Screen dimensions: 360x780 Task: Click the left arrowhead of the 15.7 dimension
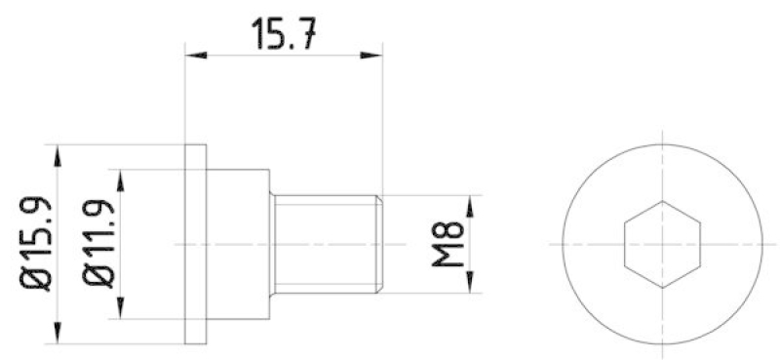192,56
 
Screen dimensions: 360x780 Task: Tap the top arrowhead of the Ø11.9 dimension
122,176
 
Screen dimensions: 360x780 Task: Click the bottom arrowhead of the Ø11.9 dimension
122,311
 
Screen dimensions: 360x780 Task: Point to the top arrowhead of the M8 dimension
471,202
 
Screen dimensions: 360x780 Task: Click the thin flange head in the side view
196,243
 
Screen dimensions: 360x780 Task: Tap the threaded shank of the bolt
322,243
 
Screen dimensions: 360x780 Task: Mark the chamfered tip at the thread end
379,243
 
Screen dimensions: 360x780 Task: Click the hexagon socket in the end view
663,244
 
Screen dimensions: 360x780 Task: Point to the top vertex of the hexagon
663,201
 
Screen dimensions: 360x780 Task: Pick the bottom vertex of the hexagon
663,288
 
